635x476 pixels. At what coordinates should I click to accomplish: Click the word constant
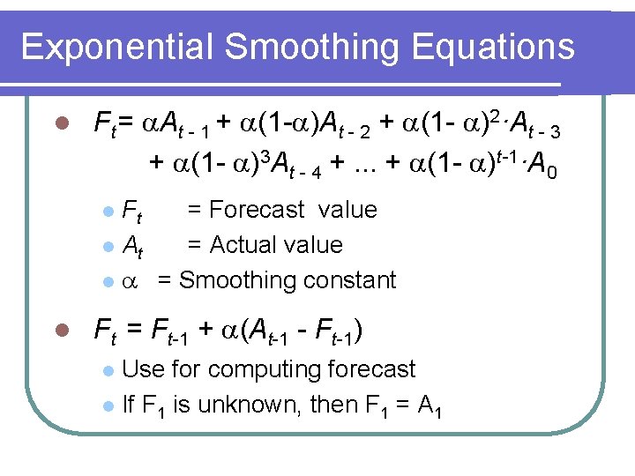347,280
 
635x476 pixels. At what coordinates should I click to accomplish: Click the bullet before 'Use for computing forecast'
107,370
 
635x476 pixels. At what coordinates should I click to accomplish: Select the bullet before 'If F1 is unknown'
107,405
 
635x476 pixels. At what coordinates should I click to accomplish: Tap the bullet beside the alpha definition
107,281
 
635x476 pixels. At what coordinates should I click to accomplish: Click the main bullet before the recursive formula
61,331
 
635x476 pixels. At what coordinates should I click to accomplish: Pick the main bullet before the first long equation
61,124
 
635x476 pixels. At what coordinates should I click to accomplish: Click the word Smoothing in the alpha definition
236,280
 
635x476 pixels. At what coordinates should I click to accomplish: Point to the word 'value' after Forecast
347,210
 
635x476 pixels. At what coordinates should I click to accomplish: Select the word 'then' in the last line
334,405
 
